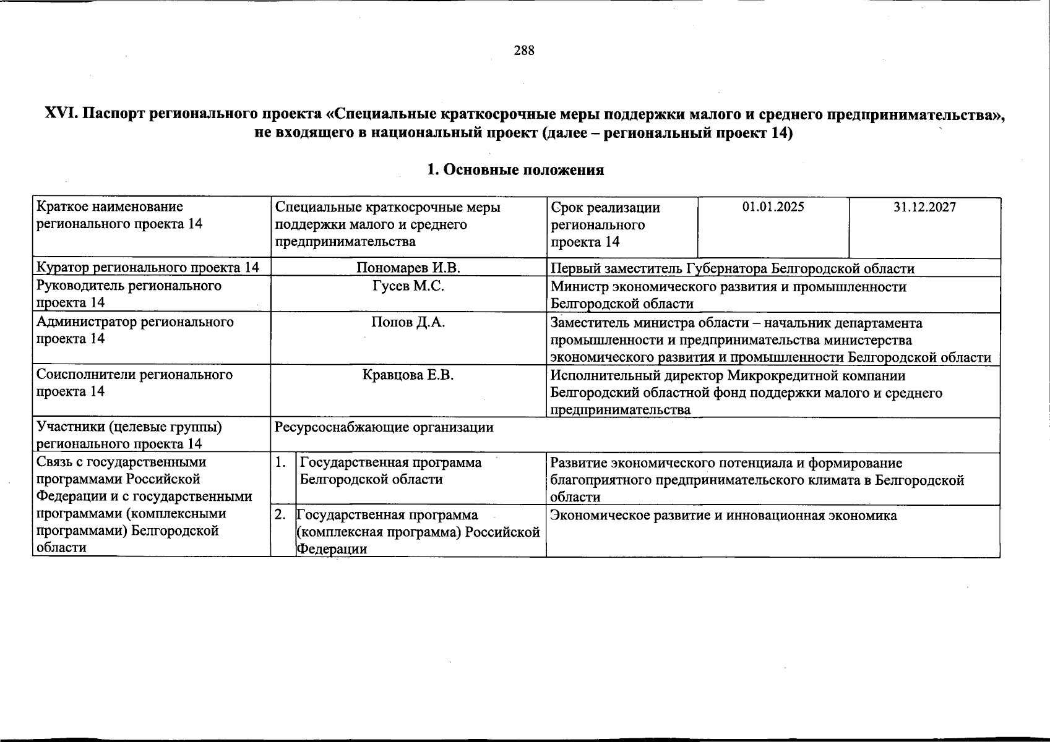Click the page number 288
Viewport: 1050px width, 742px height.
click(x=523, y=51)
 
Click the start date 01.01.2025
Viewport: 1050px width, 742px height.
click(x=773, y=207)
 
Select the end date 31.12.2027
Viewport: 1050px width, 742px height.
click(x=924, y=207)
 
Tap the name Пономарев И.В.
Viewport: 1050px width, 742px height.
click(x=408, y=268)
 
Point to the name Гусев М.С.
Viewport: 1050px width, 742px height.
click(x=408, y=286)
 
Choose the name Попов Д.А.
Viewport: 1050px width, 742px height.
click(x=408, y=322)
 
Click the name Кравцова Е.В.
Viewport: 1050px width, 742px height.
click(x=408, y=375)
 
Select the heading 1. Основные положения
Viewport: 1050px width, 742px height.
click(x=515, y=170)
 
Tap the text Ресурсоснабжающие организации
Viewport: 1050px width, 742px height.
click(x=384, y=427)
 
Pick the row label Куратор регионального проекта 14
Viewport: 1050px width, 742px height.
click(x=147, y=268)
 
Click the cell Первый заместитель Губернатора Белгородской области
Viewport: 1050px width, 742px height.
click(x=732, y=268)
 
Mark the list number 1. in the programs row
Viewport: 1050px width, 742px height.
click(x=281, y=462)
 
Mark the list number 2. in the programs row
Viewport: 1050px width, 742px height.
click(x=281, y=514)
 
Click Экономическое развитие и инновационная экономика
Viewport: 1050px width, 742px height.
click(x=723, y=516)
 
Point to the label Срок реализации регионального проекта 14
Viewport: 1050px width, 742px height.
click(x=605, y=224)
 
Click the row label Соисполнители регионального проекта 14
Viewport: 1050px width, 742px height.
click(x=134, y=383)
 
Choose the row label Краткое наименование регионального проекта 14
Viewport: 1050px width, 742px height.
click(x=119, y=215)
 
